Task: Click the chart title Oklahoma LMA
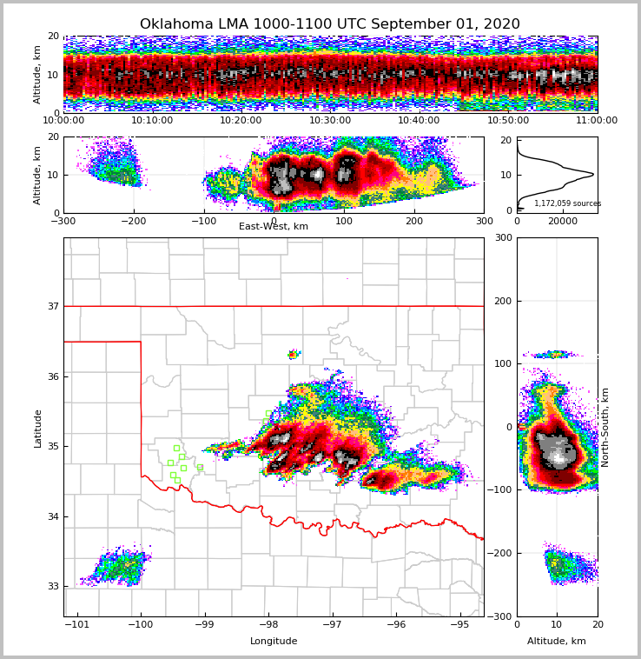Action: point(329,24)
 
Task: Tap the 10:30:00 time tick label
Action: point(330,121)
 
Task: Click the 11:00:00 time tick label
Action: point(596,121)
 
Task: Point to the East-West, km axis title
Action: point(274,227)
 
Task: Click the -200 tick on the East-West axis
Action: point(133,221)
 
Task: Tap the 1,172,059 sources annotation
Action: point(567,203)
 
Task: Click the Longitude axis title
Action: point(274,642)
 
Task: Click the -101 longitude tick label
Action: point(77,625)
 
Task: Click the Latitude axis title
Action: point(37,428)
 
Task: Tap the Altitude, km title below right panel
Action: point(557,642)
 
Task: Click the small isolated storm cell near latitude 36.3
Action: point(294,354)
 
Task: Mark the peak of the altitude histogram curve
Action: point(593,174)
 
